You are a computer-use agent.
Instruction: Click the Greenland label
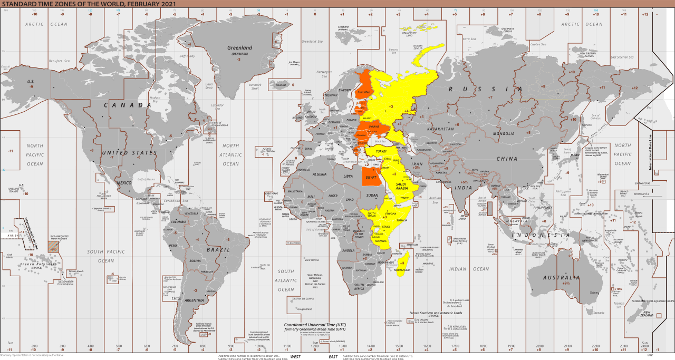click(x=240, y=48)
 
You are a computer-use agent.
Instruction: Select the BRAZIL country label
click(x=218, y=249)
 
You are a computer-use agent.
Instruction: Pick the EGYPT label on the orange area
click(x=371, y=177)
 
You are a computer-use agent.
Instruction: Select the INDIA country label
click(x=464, y=188)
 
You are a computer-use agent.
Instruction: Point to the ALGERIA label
click(x=320, y=174)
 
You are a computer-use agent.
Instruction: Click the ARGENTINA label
click(x=195, y=300)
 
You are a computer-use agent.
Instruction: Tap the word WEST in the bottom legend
click(x=295, y=357)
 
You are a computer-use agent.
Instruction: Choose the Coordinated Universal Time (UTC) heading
click(x=315, y=325)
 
